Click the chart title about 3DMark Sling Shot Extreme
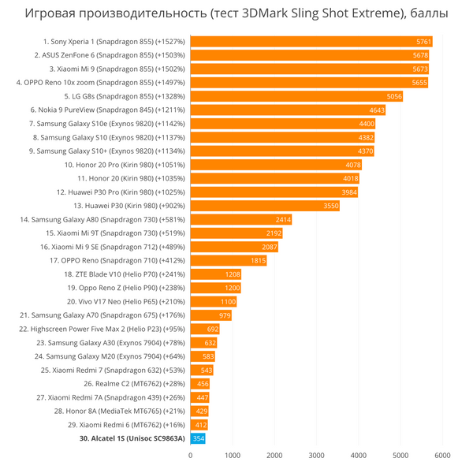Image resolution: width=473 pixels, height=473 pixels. [236, 13]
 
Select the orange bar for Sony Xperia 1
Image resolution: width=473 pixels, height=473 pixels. [311, 42]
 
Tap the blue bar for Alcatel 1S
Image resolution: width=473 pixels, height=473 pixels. [198, 438]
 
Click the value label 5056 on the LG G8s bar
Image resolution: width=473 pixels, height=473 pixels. [394, 96]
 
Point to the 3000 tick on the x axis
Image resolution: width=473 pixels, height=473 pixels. [316, 455]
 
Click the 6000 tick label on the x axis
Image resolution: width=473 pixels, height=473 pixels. [442, 455]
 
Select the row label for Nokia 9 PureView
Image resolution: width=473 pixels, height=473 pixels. [107, 110]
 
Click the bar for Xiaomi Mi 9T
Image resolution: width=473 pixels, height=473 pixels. [236, 233]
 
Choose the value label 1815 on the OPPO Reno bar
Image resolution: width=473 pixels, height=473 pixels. [258, 260]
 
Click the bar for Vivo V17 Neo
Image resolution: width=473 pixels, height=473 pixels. [213, 302]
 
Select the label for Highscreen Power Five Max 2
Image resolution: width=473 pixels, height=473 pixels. [102, 329]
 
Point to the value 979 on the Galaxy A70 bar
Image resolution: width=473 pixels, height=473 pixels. [224, 315]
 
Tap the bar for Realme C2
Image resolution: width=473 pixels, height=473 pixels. [199, 384]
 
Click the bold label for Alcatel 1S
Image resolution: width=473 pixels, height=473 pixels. [132, 438]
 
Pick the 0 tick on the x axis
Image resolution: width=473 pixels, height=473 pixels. [191, 455]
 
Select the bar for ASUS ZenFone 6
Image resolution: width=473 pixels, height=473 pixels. [310, 55]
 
